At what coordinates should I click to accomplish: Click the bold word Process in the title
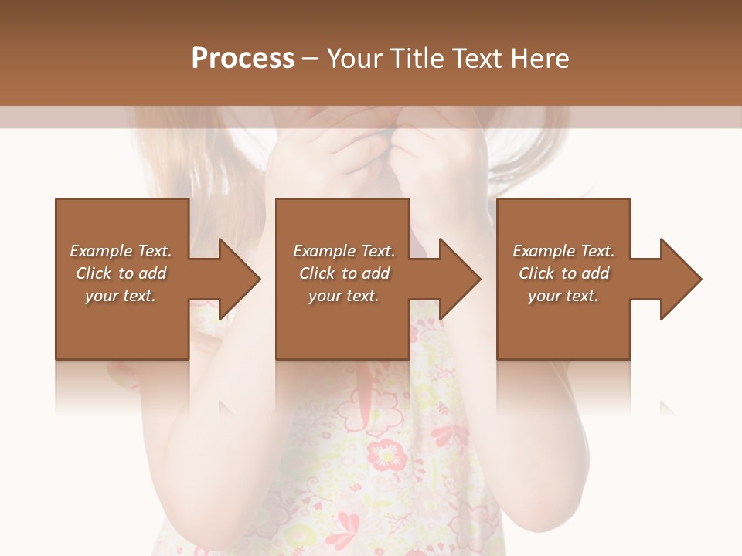coord(243,59)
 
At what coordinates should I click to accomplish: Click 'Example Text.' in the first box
coord(121,251)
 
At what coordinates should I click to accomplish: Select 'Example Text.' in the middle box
coord(344,251)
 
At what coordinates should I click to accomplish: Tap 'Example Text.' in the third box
coord(563,251)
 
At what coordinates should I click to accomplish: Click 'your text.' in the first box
coord(121,296)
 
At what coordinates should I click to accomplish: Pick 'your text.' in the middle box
coord(344,296)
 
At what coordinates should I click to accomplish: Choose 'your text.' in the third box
coord(563,296)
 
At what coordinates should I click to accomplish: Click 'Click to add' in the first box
coord(121,273)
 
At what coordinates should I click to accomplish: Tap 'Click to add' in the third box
coord(563,273)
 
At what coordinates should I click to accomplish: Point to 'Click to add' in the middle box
coord(344,273)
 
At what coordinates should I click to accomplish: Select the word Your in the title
coord(352,59)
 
